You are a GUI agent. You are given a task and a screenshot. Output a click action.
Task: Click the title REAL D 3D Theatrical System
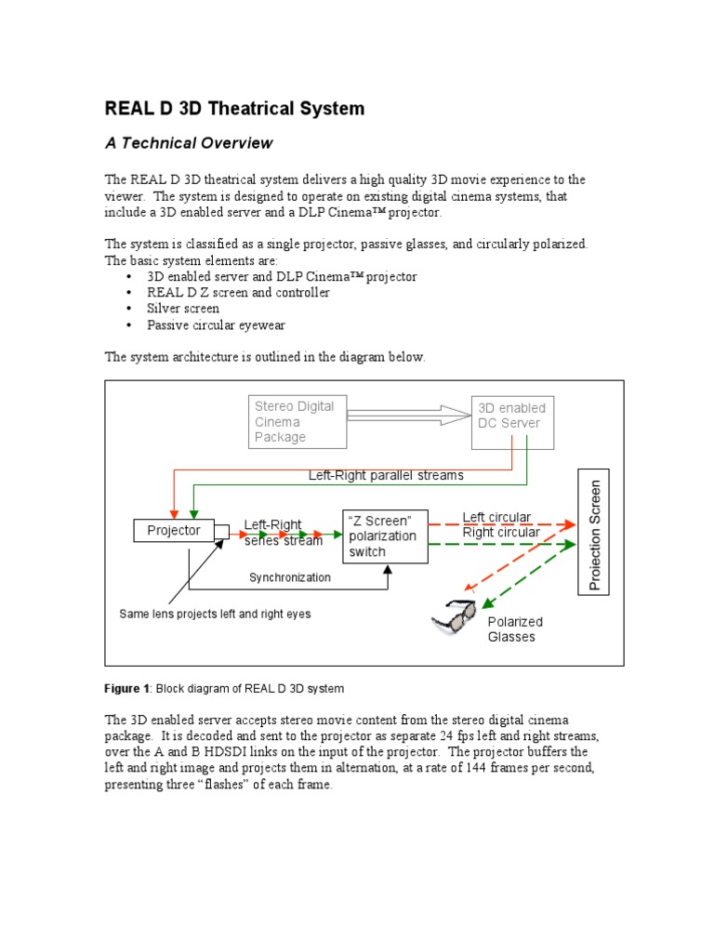234,109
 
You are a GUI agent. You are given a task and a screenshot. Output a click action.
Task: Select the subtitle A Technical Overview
189,143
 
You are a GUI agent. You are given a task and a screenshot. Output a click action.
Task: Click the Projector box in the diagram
174,531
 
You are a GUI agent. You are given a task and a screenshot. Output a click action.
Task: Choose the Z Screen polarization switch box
386,535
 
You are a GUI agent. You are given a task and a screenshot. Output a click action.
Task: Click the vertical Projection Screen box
594,535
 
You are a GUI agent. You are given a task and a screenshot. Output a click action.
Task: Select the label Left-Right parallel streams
386,475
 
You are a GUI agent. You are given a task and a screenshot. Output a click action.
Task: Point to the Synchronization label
289,577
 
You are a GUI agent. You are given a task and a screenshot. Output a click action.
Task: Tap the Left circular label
496,518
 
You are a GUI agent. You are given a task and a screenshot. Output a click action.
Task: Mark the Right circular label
500,533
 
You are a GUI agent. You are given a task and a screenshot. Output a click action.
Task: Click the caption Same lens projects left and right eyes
215,615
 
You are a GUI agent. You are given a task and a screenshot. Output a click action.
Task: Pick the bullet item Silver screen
183,309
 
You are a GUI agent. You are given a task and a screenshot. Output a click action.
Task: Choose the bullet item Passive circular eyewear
216,325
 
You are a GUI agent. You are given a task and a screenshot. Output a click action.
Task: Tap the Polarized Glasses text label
515,629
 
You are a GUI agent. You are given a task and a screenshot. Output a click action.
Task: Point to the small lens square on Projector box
221,531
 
